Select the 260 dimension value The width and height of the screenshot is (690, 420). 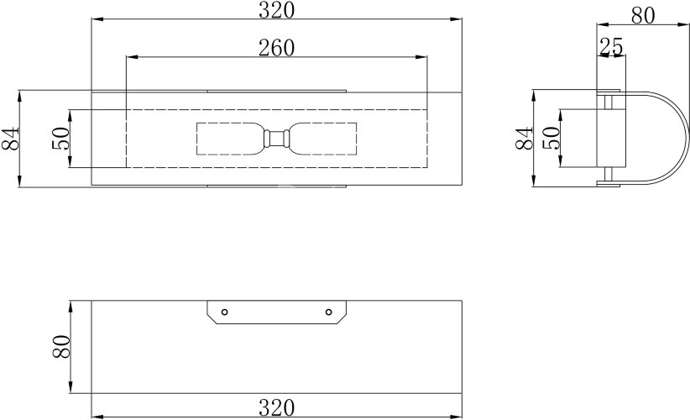[276, 49]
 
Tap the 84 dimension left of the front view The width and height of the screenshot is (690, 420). [11, 139]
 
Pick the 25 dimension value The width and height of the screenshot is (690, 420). [611, 47]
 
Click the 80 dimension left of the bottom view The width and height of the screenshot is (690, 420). [61, 346]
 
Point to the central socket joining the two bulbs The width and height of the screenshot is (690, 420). [276, 139]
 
